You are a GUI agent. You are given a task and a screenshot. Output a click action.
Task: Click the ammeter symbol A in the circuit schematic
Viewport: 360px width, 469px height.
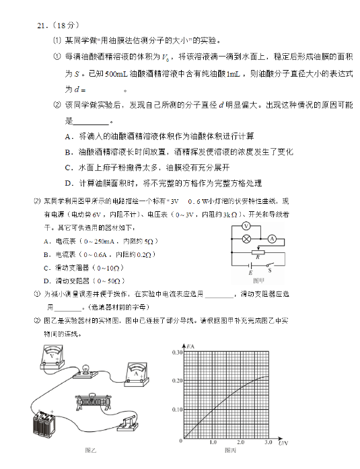point(272,239)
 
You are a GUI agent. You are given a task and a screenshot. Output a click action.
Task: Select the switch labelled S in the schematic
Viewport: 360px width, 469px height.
point(271,265)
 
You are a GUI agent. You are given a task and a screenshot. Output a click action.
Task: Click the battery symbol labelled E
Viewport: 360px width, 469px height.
point(251,266)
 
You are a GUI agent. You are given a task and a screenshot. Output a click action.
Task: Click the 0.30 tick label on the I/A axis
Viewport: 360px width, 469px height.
point(177,353)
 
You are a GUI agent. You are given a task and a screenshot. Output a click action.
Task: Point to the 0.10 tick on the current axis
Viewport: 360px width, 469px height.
point(177,410)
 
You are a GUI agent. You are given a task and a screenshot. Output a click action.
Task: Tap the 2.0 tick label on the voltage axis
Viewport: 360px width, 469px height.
point(240,443)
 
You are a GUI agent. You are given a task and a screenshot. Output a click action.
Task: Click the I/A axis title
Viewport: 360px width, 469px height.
point(193,346)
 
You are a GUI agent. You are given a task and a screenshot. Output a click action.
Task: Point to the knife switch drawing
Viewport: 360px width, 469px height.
point(127,425)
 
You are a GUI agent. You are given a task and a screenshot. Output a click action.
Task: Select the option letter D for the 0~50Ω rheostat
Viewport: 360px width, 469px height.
point(46,281)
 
